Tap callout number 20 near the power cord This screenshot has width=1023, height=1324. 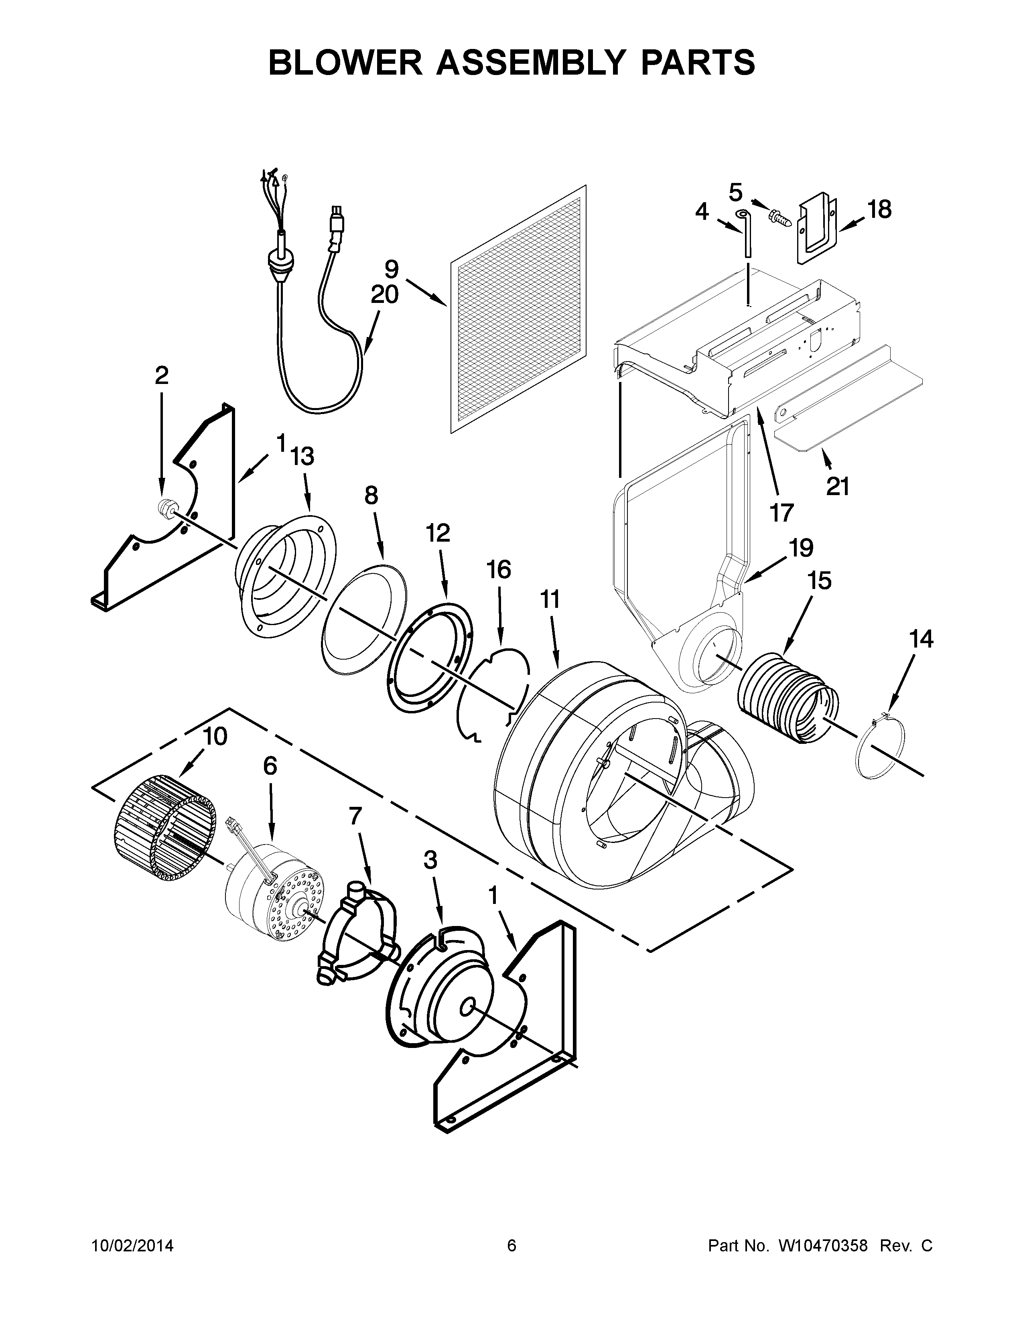(384, 295)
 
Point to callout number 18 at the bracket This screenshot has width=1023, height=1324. (879, 210)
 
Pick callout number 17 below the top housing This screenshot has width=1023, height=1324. (782, 513)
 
